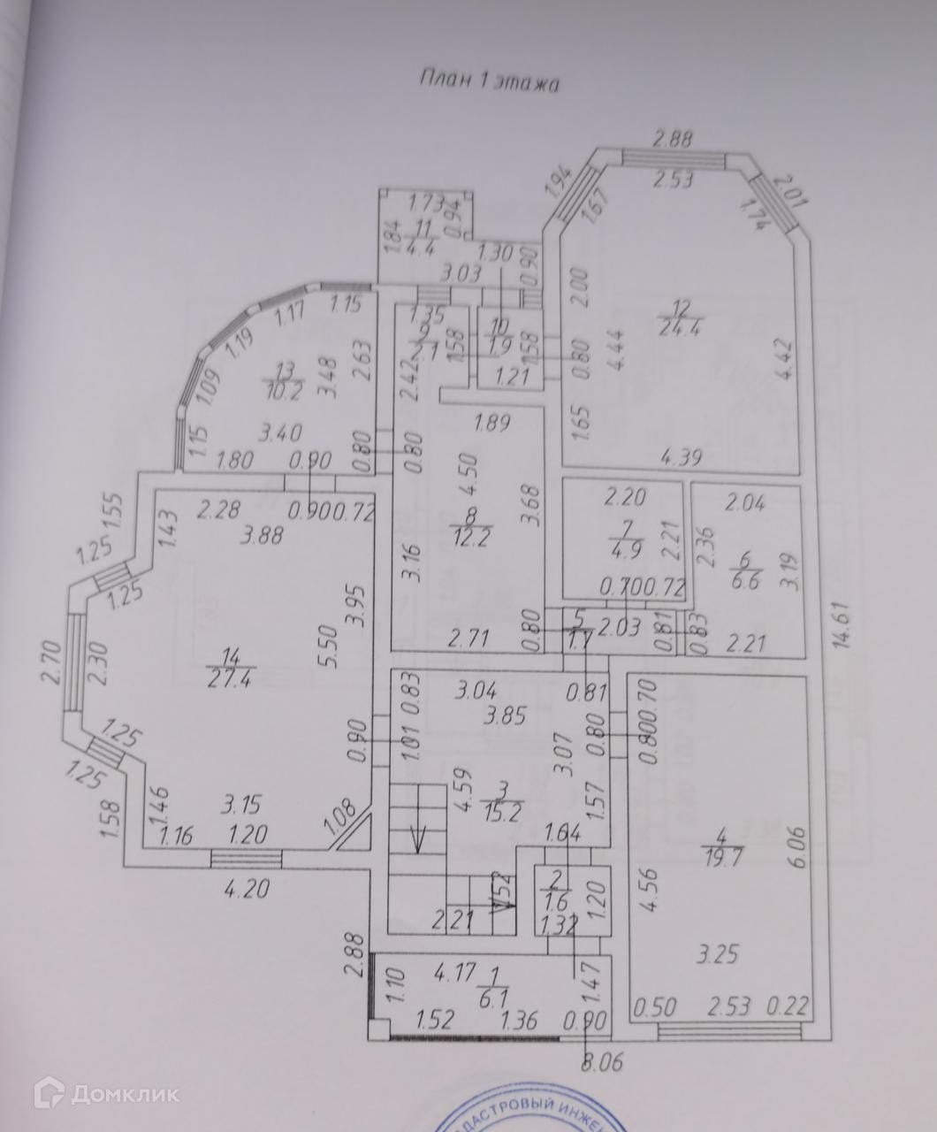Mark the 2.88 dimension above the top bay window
coord(672,138)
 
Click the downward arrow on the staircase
coord(418,836)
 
